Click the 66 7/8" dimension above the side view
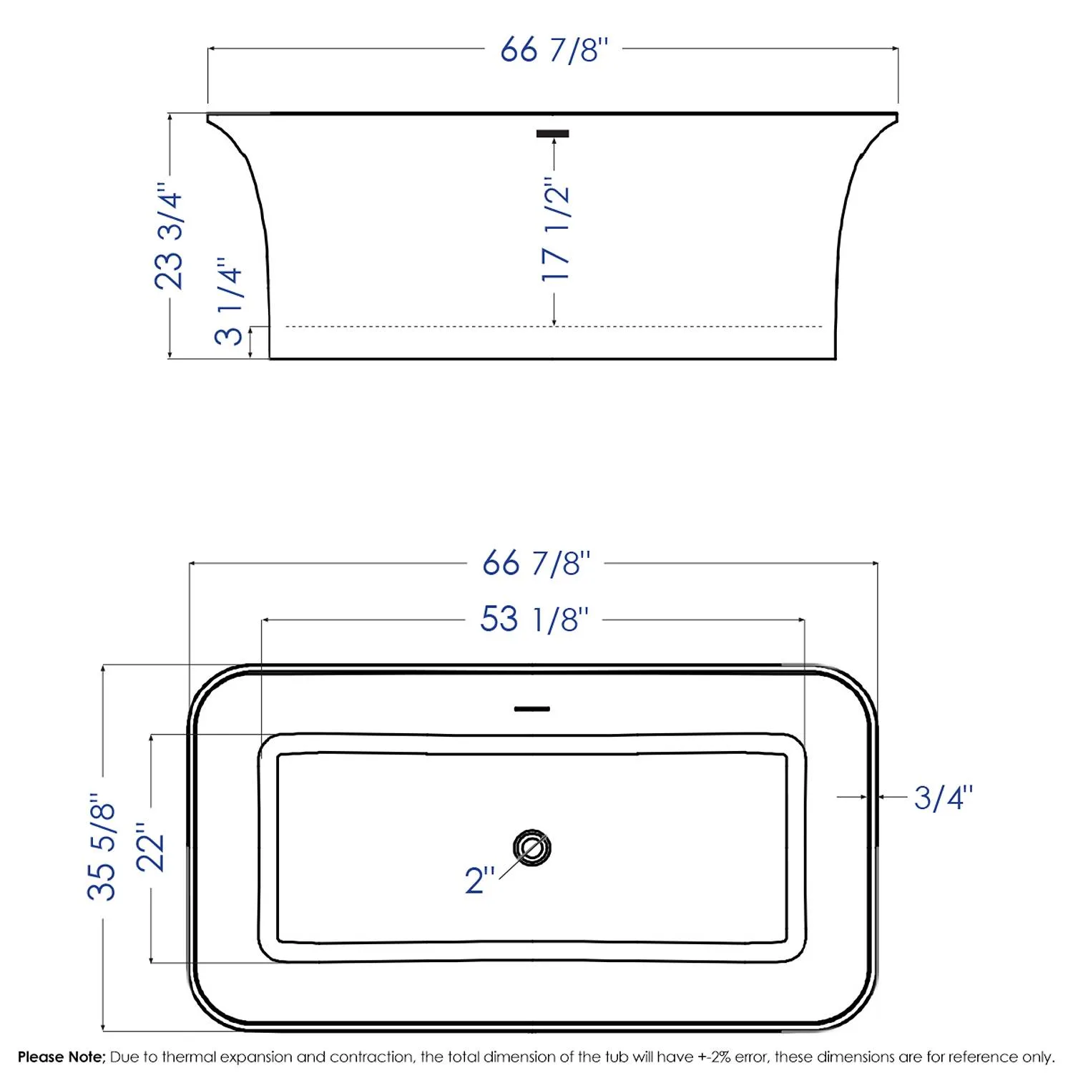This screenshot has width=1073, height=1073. click(554, 50)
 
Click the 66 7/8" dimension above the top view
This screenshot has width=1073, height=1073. click(536, 564)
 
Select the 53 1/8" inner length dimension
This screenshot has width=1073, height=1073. click(534, 619)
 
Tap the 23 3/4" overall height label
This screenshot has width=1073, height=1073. click(170, 240)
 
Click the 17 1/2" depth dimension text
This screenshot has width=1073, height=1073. click(556, 229)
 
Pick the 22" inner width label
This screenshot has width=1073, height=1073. click(151, 848)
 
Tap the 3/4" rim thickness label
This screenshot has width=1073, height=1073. click(943, 798)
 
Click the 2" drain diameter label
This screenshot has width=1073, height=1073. click(479, 880)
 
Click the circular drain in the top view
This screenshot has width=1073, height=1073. click(531, 848)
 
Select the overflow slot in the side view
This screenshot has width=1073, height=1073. click(553, 134)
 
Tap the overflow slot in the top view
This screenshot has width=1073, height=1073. click(532, 709)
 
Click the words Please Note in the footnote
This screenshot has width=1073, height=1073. click(62, 1057)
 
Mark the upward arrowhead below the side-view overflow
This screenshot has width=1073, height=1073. click(554, 144)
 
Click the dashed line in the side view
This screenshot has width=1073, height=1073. click(429, 327)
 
